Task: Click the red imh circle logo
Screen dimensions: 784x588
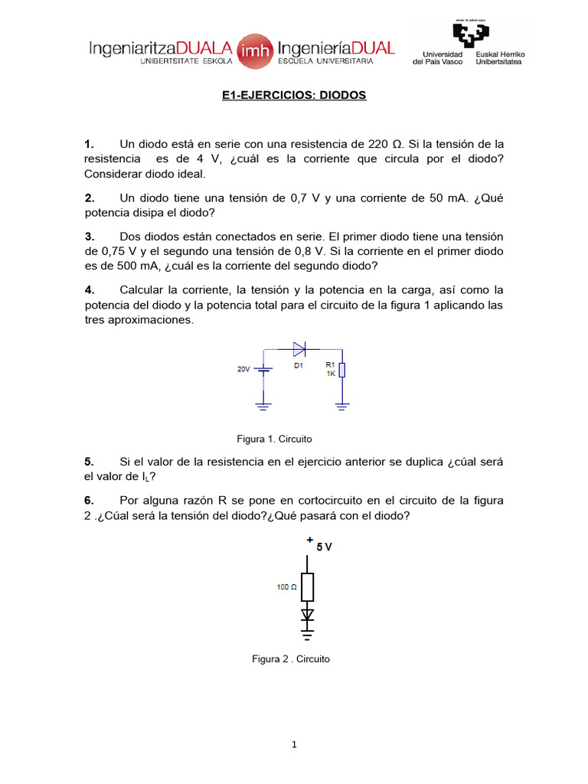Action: coord(253,50)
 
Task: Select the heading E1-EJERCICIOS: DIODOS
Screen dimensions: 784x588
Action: coord(294,96)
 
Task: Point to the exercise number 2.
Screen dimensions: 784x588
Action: coord(89,198)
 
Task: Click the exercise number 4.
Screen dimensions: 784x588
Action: coord(89,289)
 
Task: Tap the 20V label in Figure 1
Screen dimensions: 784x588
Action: coord(243,369)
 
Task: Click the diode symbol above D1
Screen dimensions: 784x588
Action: coord(299,349)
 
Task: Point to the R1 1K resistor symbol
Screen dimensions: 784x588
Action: coord(341,371)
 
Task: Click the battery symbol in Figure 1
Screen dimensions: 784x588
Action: coord(264,370)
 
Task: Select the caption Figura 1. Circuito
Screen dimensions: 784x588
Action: coord(275,439)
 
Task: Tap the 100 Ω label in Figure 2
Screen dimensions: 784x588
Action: coord(286,588)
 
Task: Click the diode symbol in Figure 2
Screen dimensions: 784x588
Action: coord(307,614)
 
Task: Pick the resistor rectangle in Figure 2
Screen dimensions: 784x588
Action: coord(307,587)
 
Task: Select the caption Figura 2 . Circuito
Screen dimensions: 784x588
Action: coord(291,658)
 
